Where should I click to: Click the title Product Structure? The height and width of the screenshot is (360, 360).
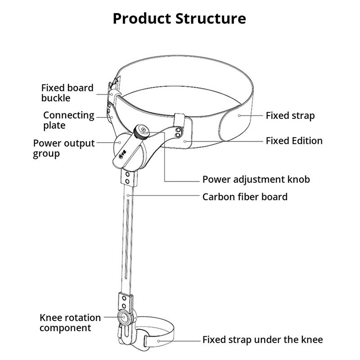[179, 19]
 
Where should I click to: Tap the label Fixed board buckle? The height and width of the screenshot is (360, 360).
[67, 93]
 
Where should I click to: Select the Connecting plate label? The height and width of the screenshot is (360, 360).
[68, 120]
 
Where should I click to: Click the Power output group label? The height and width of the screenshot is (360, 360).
[63, 148]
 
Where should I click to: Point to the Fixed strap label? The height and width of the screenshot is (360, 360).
[290, 116]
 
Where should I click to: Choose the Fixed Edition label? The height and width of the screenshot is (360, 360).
[294, 141]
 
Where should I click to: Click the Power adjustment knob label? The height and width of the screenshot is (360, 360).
[256, 180]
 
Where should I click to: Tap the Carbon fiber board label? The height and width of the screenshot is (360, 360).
[244, 197]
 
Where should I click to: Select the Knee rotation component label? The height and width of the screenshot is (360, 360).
[70, 323]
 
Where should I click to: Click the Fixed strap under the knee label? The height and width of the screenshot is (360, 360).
[262, 340]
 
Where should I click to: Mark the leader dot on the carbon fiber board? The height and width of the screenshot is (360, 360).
[129, 196]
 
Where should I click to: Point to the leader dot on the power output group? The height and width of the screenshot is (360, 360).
[120, 141]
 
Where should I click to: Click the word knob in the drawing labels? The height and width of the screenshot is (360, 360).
[298, 180]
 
